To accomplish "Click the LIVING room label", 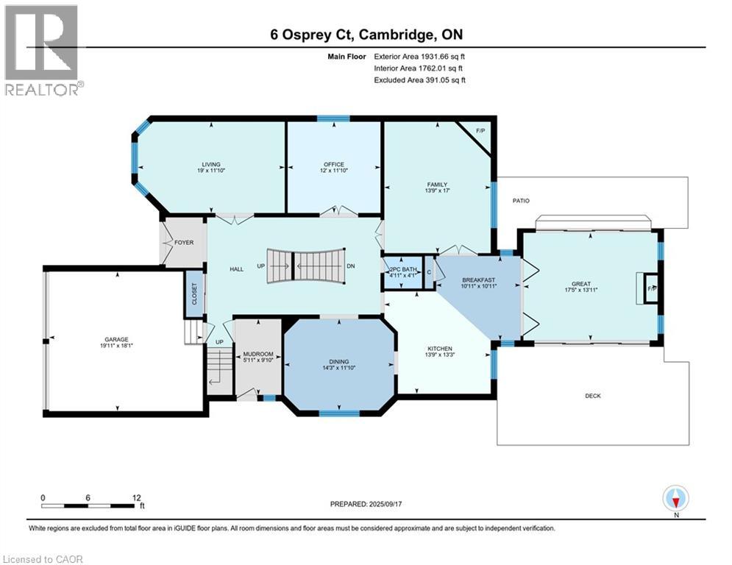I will coord(212,164).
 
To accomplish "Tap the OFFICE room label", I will coord(334,164).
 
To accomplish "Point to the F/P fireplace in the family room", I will coord(480,131).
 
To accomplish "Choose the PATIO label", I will coord(521,200).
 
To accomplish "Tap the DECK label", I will coord(593,396).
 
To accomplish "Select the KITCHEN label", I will coord(440,348).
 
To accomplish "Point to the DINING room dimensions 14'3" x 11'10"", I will coord(339,369).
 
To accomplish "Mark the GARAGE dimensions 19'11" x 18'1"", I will coord(117,347).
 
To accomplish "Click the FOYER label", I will coord(183,242).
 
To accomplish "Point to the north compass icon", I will coord(675,500).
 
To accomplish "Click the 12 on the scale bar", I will coord(136,497).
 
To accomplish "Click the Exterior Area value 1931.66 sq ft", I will coord(419,56).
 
